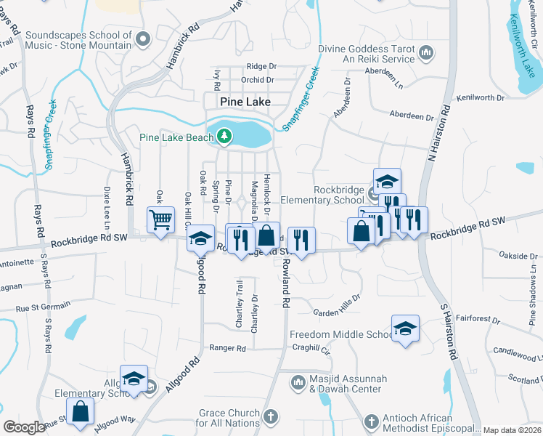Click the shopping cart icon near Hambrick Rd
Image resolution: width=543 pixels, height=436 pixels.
point(160,219)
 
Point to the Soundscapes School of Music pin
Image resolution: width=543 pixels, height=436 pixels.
point(142,38)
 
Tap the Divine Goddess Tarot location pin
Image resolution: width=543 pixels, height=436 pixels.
point(426,52)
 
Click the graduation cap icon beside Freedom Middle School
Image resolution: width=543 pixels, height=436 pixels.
point(405,327)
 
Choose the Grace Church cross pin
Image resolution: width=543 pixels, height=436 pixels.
point(270,417)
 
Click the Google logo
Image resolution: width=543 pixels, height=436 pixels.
point(24,427)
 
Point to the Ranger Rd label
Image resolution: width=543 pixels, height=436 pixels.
point(227,348)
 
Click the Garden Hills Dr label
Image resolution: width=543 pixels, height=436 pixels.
point(336,306)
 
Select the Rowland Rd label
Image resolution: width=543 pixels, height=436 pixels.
point(285,283)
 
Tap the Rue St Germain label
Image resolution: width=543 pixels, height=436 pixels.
point(44,307)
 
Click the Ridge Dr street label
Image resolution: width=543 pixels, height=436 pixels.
point(262,66)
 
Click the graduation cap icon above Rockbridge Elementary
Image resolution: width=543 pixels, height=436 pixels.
point(388,180)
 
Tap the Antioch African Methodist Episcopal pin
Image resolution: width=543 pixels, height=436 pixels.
point(371,421)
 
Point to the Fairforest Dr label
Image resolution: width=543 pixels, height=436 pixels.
point(478,318)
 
